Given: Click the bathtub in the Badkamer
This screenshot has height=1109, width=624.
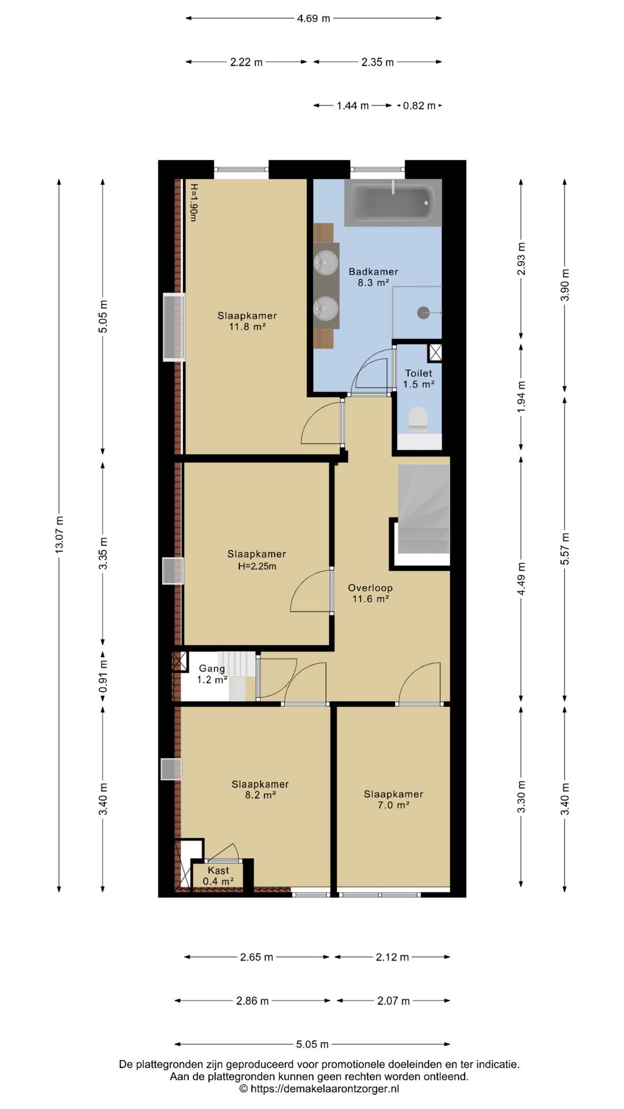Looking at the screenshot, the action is point(393,202).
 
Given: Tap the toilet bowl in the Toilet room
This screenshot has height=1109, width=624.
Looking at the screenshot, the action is point(418,420).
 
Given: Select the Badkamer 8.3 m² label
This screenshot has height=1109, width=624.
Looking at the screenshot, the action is point(373,277).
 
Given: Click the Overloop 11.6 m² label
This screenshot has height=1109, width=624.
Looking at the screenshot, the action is point(370,593).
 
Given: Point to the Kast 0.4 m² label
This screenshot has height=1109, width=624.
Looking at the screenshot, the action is point(218,876).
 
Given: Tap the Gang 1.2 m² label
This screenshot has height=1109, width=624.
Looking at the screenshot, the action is point(212,674).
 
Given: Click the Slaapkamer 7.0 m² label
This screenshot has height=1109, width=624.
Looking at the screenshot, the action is point(393,799).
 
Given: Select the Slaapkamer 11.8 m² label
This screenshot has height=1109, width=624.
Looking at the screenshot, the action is point(247,321).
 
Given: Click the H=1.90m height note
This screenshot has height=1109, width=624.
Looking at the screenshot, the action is point(194,202).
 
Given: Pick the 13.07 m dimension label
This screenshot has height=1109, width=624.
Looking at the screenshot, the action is point(59,534).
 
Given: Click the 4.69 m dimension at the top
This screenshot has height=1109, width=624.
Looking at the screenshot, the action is point(314,18).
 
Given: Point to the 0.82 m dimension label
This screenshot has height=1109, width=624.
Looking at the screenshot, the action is point(419,106).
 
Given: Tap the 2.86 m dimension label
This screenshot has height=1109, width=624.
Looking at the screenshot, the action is point(252,1001).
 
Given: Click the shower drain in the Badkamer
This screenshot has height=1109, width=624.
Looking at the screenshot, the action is point(422,312).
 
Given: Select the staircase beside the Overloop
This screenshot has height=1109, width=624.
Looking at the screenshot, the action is point(424,508).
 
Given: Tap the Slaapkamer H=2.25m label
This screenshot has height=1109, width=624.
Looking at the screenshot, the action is point(257,560).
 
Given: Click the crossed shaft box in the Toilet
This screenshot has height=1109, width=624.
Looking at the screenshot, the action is point(435,352).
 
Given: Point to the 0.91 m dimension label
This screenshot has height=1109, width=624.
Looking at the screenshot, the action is point(103,675).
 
